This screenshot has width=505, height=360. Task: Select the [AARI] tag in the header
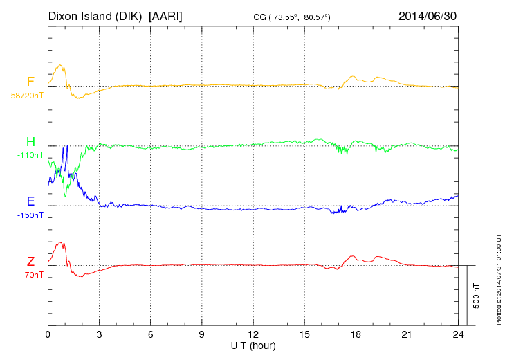point(166,15)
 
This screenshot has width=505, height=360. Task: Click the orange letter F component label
point(30,82)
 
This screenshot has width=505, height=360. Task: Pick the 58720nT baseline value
point(27,95)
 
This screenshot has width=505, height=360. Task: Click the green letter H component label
point(30,142)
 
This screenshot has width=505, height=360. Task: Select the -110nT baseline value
point(30,155)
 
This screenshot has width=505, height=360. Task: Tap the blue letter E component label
point(30,202)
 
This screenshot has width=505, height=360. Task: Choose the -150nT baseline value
point(30,215)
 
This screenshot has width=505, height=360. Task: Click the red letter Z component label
point(30,262)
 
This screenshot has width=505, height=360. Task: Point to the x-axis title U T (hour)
point(253,345)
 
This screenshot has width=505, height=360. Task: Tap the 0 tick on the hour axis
point(48,334)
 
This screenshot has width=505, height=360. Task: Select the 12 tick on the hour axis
point(253,334)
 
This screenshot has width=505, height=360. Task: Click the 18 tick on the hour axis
point(356,334)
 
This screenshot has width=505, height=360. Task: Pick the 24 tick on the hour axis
point(458,334)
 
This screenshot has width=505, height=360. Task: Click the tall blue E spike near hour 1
point(66,148)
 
